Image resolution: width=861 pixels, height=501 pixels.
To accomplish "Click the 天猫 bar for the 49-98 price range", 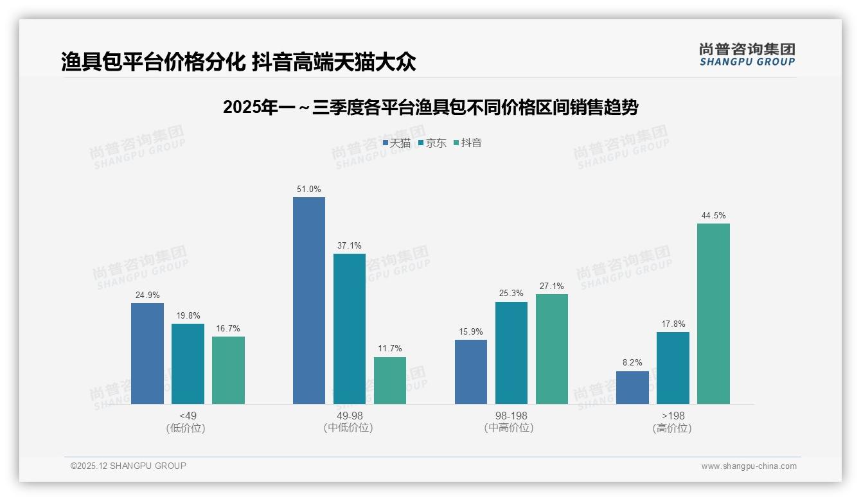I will click(x=309, y=301).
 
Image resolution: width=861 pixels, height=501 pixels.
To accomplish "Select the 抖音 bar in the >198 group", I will click(x=713, y=313).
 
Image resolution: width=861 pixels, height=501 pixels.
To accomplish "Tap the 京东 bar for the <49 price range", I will click(x=188, y=364).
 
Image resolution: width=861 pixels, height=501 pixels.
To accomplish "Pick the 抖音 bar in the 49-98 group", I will click(x=390, y=380).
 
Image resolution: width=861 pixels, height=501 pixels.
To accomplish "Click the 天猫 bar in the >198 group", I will click(x=632, y=387).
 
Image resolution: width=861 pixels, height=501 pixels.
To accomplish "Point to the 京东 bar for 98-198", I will click(x=511, y=353).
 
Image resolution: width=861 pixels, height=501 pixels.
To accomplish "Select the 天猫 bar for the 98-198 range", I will click(x=471, y=372).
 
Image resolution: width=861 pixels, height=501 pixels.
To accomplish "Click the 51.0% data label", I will click(x=309, y=189).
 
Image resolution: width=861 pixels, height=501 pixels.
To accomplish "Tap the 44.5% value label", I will click(x=713, y=216).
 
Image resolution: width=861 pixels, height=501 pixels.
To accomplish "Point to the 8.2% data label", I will click(x=632, y=363).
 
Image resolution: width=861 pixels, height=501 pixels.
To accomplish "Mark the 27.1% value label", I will click(x=552, y=286).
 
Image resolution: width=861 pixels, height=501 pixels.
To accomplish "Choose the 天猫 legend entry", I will click(x=396, y=143).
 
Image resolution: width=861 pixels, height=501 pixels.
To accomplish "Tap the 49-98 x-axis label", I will click(x=350, y=416).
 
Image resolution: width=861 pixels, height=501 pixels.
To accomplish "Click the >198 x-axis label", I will click(x=673, y=416).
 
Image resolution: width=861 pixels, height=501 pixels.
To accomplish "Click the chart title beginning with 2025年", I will click(x=430, y=108).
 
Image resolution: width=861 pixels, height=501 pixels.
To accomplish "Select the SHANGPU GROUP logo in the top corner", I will click(x=747, y=55).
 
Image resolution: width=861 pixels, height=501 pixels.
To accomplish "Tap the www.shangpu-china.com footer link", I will click(x=749, y=466).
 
